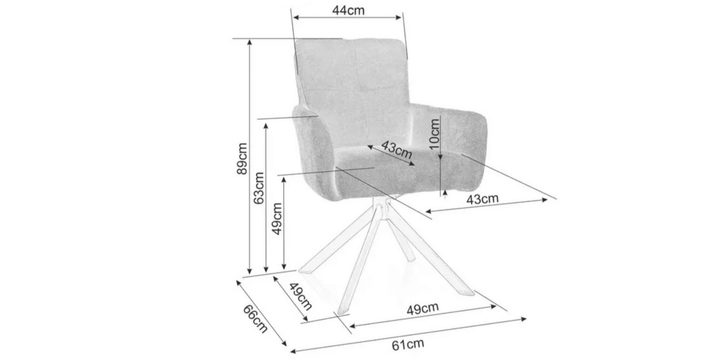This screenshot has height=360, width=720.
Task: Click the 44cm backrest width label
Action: (x=348, y=11)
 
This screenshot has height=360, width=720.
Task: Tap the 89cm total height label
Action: (x=242, y=158)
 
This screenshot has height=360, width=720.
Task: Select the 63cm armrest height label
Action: (x=259, y=188)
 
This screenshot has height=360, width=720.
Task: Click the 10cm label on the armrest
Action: (x=434, y=134)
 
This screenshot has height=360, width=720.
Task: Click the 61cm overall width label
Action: (x=408, y=344)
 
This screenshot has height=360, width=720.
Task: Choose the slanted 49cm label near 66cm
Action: (x=301, y=297)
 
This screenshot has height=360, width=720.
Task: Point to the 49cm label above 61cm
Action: (x=423, y=309)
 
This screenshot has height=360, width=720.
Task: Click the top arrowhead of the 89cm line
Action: (x=250, y=42)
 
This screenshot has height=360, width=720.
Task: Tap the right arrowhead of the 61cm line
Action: (x=523, y=319)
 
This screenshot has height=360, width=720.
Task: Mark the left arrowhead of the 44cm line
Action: (x=296, y=17)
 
